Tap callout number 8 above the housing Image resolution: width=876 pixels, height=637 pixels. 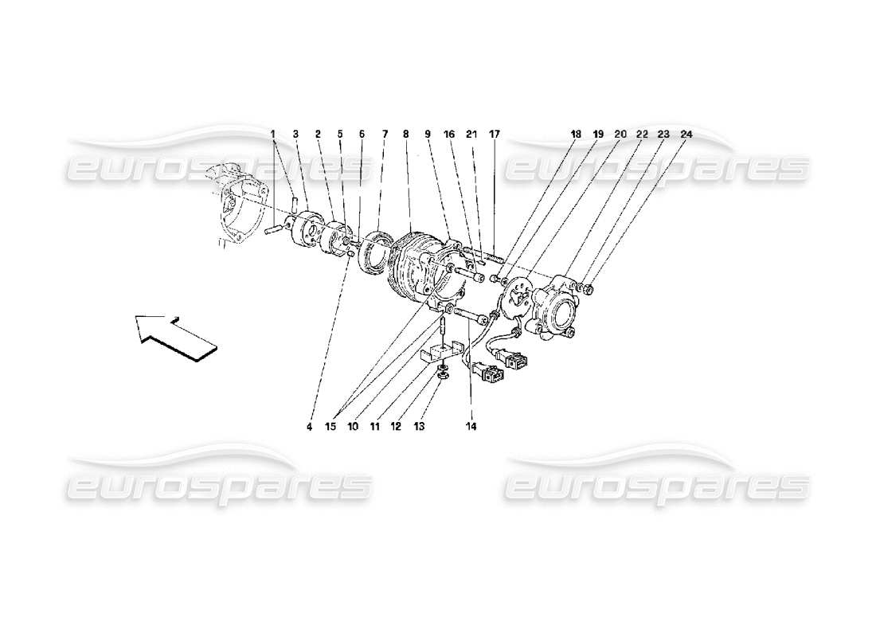tap(405, 135)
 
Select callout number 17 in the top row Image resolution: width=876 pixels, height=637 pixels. tap(494, 135)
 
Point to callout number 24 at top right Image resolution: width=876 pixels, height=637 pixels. tap(686, 135)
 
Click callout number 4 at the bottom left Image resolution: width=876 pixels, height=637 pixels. tap(309, 427)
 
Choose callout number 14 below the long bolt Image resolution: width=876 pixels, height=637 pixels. tap(471, 427)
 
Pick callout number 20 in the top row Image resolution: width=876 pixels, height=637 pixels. tap(621, 135)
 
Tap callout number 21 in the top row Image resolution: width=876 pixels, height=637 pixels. tap(471, 135)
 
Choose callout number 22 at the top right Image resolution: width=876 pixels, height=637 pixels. tap(642, 135)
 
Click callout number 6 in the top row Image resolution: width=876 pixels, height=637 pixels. tap(362, 135)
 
